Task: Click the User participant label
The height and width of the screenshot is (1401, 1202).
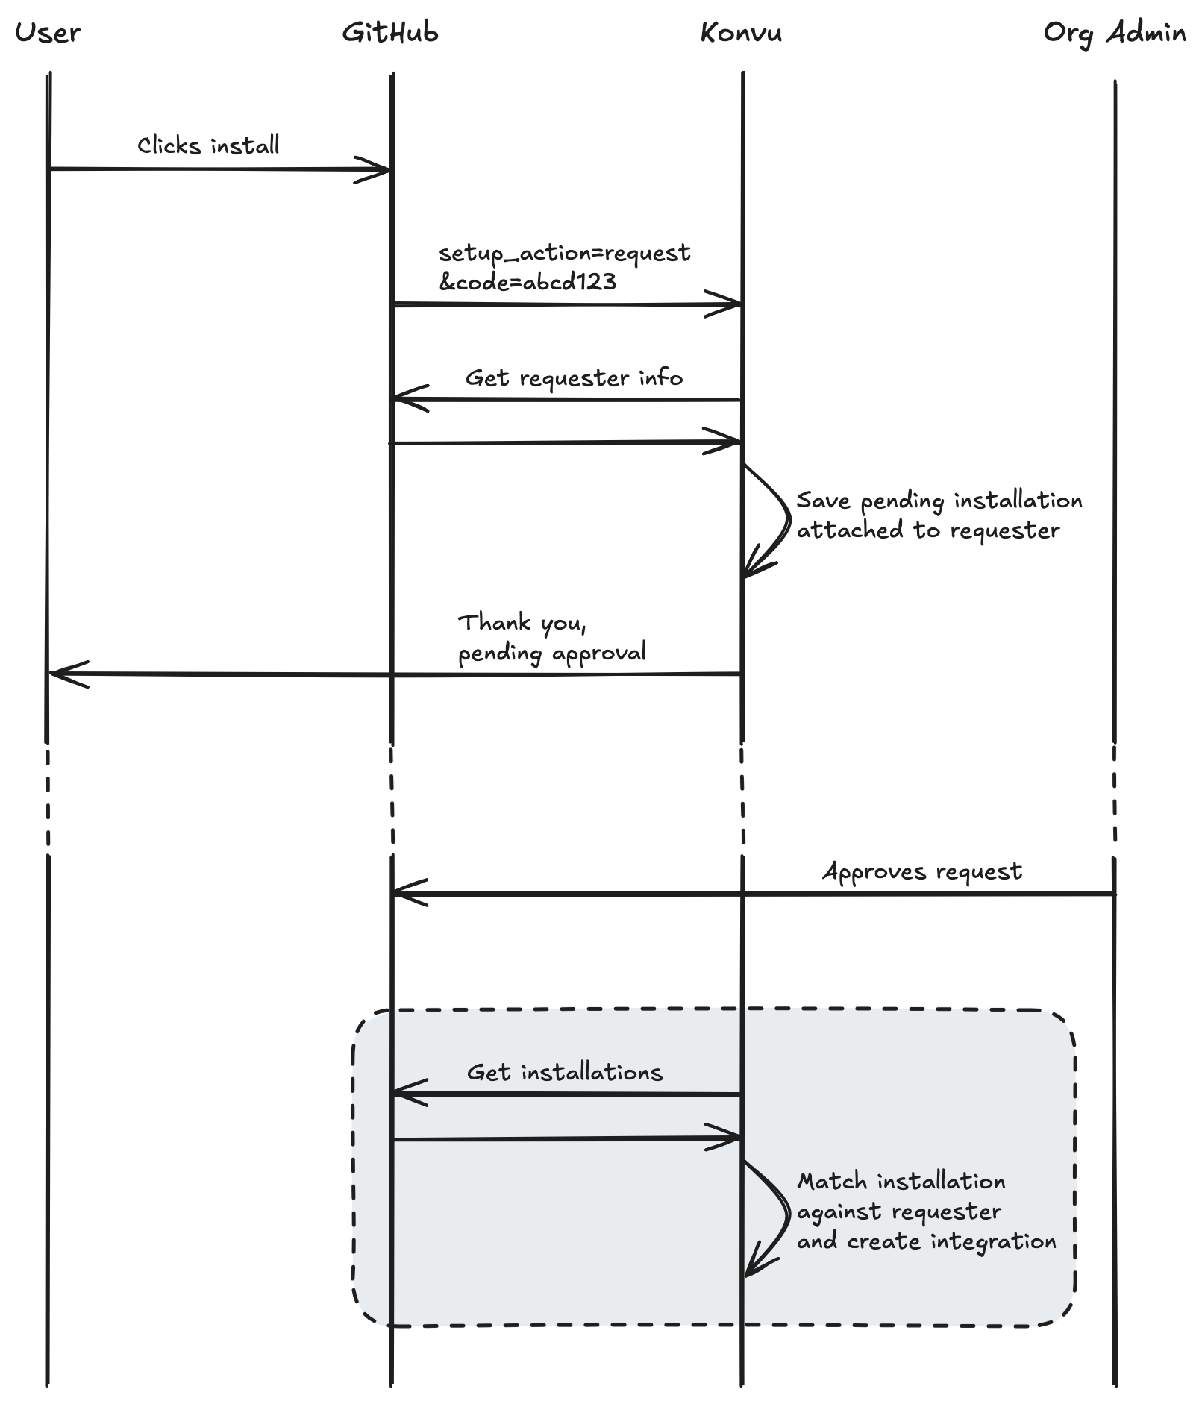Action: [x=48, y=33]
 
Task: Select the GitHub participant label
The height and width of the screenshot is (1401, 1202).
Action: [x=390, y=33]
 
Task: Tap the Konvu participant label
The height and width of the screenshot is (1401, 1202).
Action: [x=741, y=33]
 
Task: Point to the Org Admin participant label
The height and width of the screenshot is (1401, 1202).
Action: [x=1114, y=34]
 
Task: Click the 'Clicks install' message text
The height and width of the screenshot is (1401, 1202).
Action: [x=208, y=145]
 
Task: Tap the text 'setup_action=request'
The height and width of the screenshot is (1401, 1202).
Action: [x=564, y=253]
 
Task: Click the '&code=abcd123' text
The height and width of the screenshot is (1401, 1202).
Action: [x=528, y=282]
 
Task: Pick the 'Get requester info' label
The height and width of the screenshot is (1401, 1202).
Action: [x=574, y=378]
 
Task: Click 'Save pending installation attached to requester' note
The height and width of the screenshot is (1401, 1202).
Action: [x=939, y=515]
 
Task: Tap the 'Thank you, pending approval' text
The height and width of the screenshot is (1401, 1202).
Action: [x=551, y=638]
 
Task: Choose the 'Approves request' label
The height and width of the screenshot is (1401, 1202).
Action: [x=922, y=871]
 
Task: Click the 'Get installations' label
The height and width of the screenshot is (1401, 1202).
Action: [x=564, y=1073]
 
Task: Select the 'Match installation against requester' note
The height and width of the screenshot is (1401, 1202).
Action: [x=925, y=1212]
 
